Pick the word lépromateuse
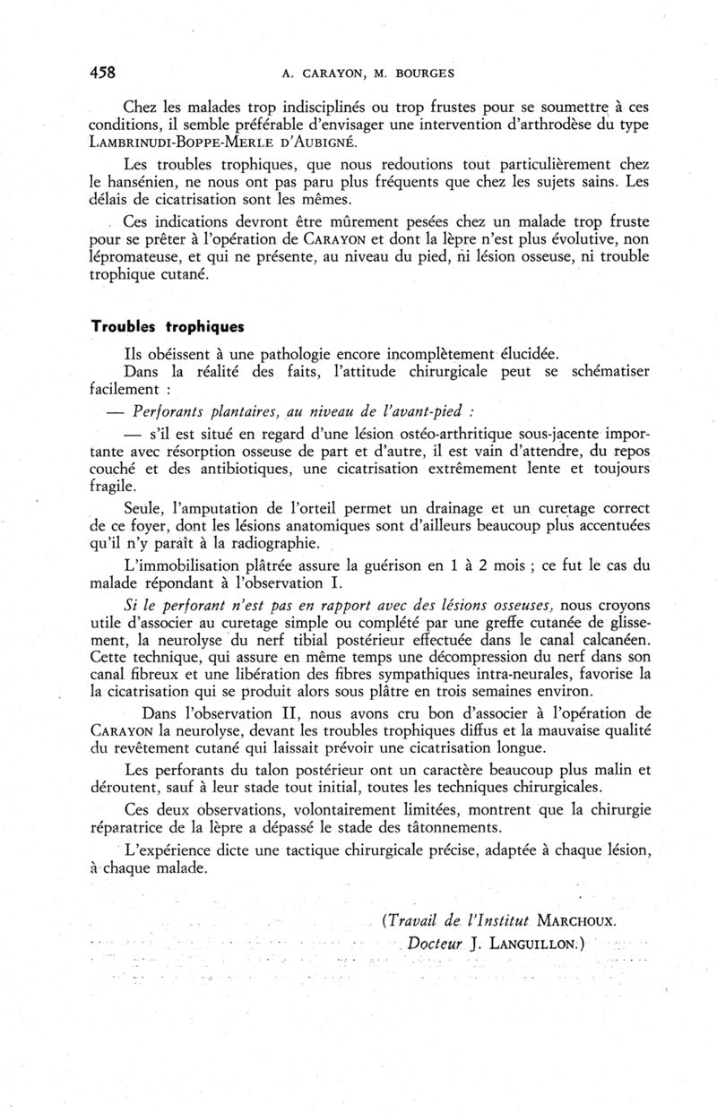tap(136, 256)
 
